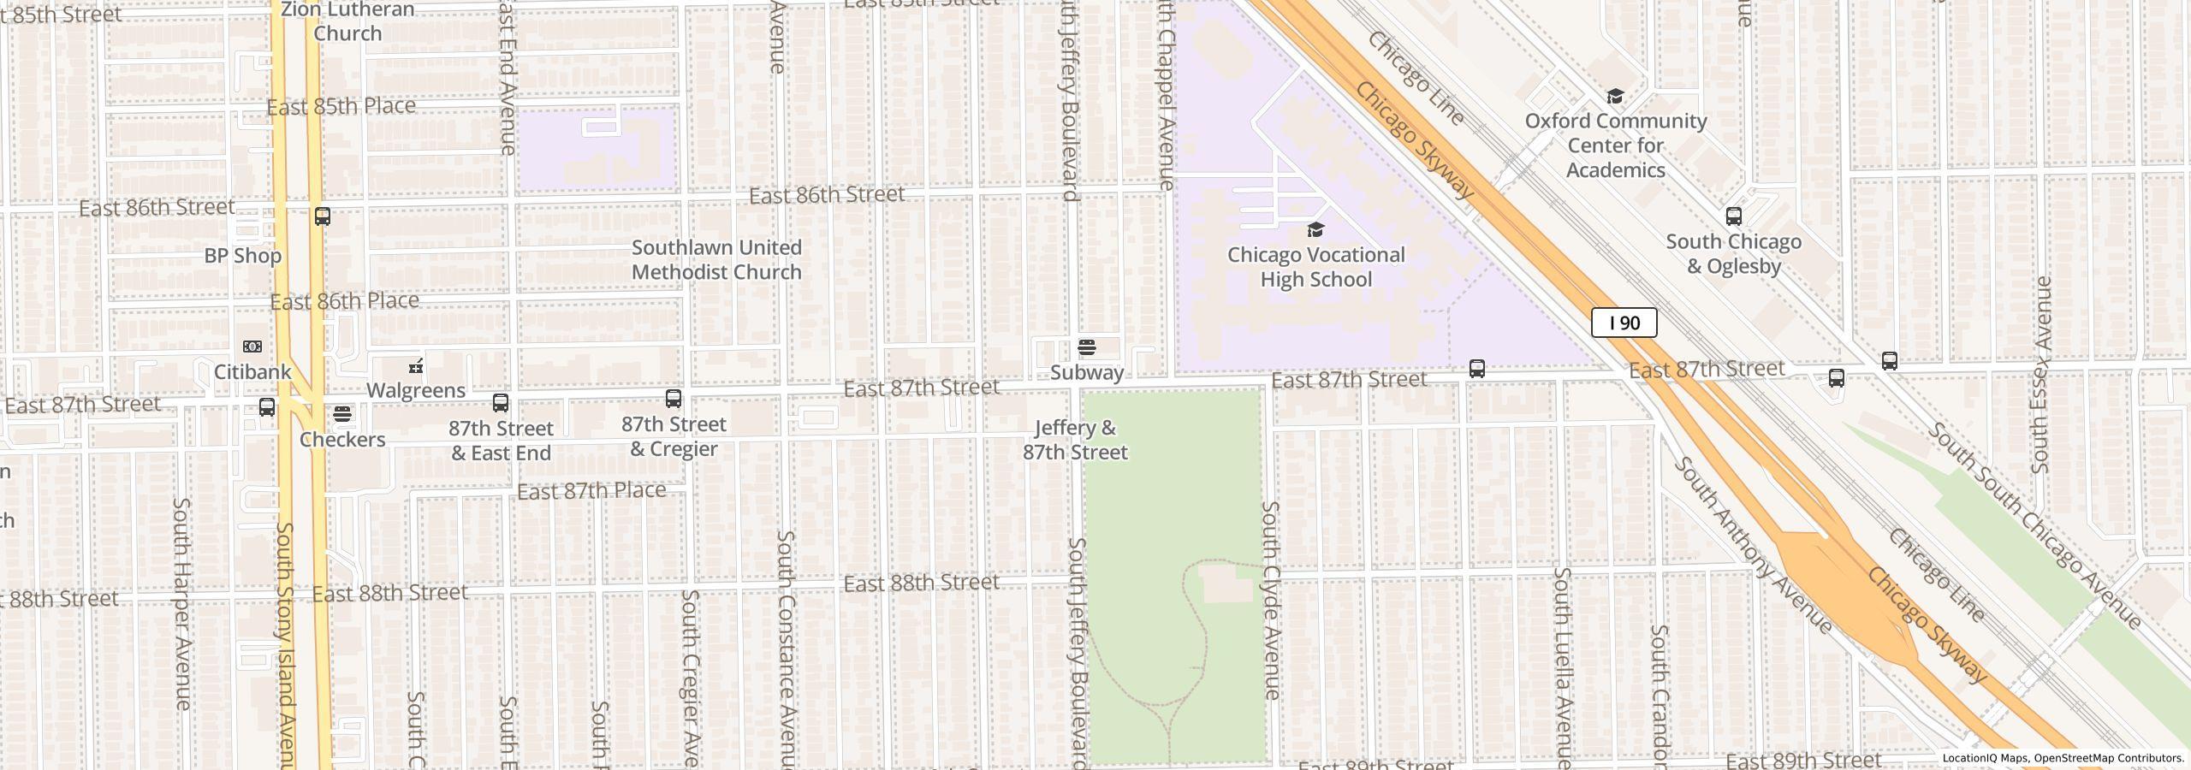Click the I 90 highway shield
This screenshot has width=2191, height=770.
1624,323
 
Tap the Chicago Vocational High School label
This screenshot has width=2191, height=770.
1315,267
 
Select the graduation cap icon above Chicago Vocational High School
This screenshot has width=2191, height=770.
1315,229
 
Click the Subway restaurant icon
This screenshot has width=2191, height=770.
1087,347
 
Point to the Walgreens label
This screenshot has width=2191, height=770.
416,390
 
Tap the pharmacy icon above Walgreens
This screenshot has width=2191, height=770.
416,366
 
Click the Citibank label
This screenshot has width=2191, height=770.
252,372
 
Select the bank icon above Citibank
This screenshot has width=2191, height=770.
252,346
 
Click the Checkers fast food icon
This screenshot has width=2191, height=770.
342,414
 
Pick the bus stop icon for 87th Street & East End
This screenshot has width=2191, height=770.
501,402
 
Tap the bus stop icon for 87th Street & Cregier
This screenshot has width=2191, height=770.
674,398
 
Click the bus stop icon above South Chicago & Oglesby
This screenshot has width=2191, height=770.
1734,216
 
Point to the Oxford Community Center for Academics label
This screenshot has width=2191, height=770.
1616,145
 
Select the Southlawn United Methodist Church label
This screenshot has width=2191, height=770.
716,259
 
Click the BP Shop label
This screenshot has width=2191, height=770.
242,256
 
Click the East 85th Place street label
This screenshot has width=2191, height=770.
341,107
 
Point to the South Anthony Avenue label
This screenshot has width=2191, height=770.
1753,546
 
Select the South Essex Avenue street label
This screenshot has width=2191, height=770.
2041,375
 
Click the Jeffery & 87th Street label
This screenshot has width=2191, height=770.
1075,440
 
